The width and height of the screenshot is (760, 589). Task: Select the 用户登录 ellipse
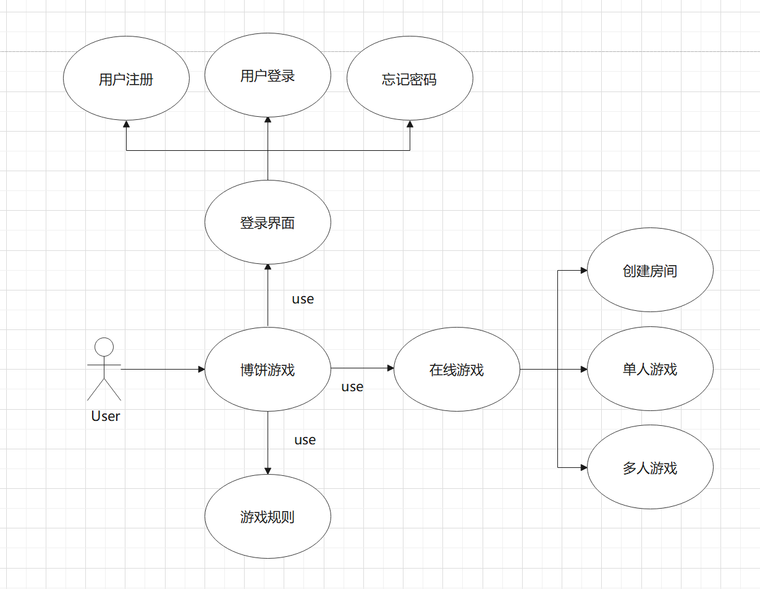(x=268, y=75)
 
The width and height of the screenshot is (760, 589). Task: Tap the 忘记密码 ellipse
(x=410, y=79)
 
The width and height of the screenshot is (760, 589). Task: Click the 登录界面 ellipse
(x=268, y=222)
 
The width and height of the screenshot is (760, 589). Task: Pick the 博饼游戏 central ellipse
(x=268, y=370)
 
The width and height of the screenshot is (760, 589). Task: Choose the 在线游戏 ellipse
(x=457, y=370)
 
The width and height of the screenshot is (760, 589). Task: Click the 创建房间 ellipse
(x=650, y=270)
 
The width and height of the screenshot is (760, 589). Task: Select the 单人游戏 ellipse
(x=650, y=369)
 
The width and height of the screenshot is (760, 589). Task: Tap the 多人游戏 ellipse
(x=650, y=467)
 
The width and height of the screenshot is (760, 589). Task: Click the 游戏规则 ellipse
(x=268, y=516)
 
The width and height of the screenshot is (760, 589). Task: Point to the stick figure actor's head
(x=104, y=347)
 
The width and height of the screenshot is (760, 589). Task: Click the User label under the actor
(x=106, y=417)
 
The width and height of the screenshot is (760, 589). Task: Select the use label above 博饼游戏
(x=303, y=299)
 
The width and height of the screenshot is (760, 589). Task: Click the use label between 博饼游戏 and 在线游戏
(x=352, y=387)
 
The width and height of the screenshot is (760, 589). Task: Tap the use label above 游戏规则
(x=305, y=440)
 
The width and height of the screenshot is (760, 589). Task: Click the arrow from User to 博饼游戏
(x=162, y=370)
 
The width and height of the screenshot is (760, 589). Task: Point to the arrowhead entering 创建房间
(x=583, y=270)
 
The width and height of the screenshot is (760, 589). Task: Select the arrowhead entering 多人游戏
(x=583, y=467)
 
